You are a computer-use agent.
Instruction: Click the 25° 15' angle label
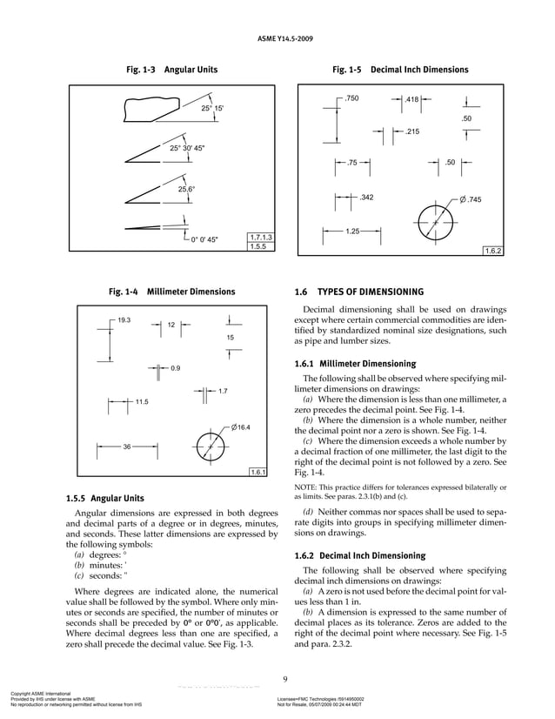[212, 109]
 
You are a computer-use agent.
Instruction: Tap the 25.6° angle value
[187, 189]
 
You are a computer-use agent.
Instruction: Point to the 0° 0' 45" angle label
[204, 239]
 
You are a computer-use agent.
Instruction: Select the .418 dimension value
[412, 100]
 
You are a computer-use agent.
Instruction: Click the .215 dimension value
[412, 131]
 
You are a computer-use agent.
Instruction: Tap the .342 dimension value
[366, 198]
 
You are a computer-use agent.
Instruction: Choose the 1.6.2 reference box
[494, 251]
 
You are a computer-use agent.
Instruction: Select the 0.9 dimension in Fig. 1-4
[175, 369]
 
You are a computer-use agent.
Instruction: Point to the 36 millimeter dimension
[126, 447]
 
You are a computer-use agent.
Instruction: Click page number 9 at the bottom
[285, 681]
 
